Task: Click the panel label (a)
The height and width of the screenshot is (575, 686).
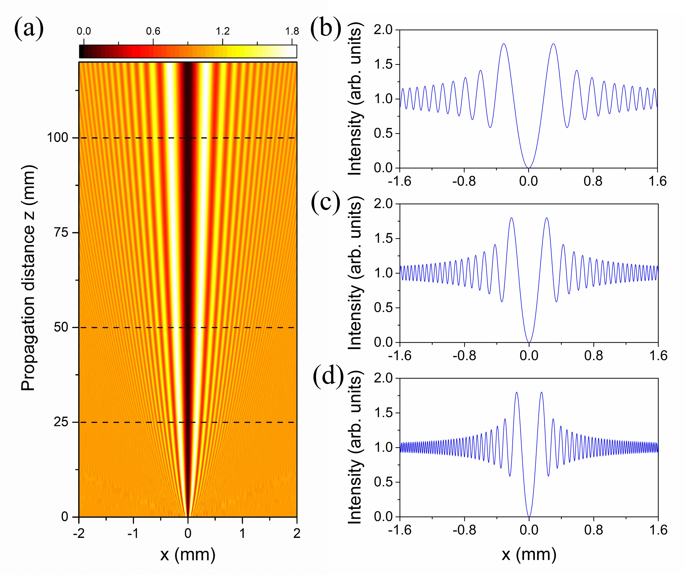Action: [29, 29]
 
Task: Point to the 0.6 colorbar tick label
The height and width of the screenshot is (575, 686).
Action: [153, 31]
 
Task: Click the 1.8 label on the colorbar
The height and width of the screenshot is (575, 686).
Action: [292, 31]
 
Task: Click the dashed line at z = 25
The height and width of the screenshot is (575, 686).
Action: [131, 422]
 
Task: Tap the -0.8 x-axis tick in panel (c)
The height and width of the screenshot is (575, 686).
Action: [464, 355]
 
